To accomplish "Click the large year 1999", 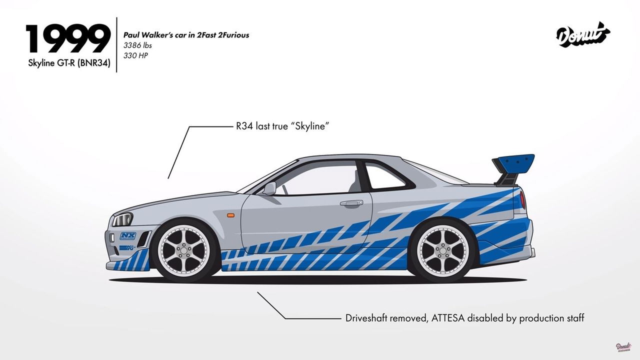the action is pos(68,39).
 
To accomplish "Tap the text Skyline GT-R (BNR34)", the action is pos(69,63).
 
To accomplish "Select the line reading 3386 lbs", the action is pos(137,45).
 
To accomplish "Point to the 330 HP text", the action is pos(135,55).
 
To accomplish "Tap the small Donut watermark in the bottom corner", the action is pos(623,346).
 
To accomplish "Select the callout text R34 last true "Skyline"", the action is pos(282,126).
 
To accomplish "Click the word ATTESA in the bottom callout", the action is pos(447,318).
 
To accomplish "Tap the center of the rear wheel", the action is pos(443,251).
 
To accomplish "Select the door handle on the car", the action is pos(351,203).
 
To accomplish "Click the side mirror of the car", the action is pos(269,188).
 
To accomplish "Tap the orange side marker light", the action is pos(230,215).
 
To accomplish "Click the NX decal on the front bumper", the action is pos(127,235).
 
